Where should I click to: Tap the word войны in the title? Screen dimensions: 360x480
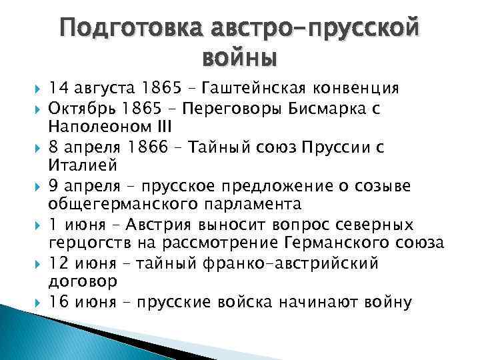239,59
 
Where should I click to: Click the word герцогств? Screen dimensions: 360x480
87,243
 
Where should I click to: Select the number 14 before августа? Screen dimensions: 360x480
58,89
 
